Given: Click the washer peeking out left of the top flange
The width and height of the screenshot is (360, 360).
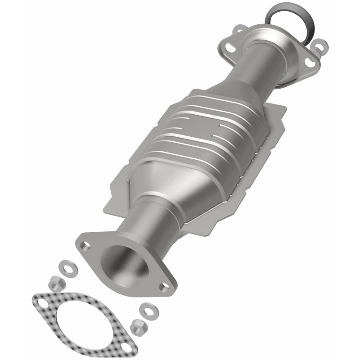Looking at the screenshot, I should click(238, 31).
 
